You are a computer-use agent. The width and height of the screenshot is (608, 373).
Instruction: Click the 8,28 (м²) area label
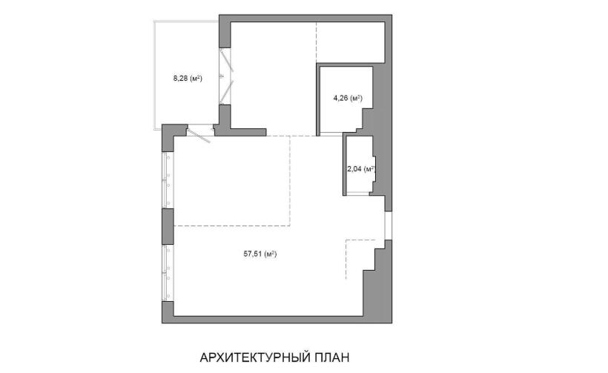pyautogui.click(x=188, y=79)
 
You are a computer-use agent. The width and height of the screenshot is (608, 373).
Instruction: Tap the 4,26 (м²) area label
pyautogui.click(x=348, y=98)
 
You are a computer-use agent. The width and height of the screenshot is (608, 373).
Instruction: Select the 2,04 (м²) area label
pyautogui.click(x=361, y=168)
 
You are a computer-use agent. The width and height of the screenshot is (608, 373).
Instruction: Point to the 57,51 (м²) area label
pyautogui.click(x=260, y=254)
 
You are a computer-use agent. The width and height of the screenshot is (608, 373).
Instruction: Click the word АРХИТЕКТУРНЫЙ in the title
pyautogui.click(x=254, y=357)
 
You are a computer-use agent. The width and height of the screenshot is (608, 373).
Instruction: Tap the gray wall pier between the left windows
pyautogui.click(x=168, y=226)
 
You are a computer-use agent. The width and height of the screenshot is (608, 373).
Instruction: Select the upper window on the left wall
pyautogui.click(x=168, y=180)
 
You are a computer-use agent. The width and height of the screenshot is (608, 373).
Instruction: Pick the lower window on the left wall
pyautogui.click(x=168, y=273)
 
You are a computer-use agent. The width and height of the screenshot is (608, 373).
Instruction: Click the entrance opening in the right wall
pyautogui.click(x=388, y=225)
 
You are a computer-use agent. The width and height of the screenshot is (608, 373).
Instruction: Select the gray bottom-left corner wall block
pyautogui.click(x=168, y=311)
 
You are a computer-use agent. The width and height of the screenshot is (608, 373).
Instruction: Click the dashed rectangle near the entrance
pyautogui.click(x=360, y=259)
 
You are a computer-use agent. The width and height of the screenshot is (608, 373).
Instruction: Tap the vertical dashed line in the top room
pyautogui.click(x=317, y=43)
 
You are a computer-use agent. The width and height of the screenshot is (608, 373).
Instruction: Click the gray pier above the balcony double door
pyautogui.click(x=225, y=35)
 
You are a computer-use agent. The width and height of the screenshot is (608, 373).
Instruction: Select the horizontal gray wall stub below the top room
pyautogui.click(x=240, y=132)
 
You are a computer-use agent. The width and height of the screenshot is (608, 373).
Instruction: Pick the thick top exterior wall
pyautogui.click(x=305, y=19)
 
